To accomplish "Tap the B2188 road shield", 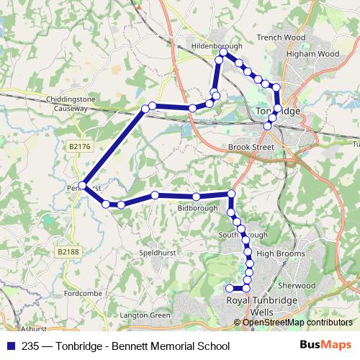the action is [68, 251].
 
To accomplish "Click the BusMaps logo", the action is [325, 345].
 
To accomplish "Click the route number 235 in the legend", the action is [30, 346].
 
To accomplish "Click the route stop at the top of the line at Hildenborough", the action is [223, 53].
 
